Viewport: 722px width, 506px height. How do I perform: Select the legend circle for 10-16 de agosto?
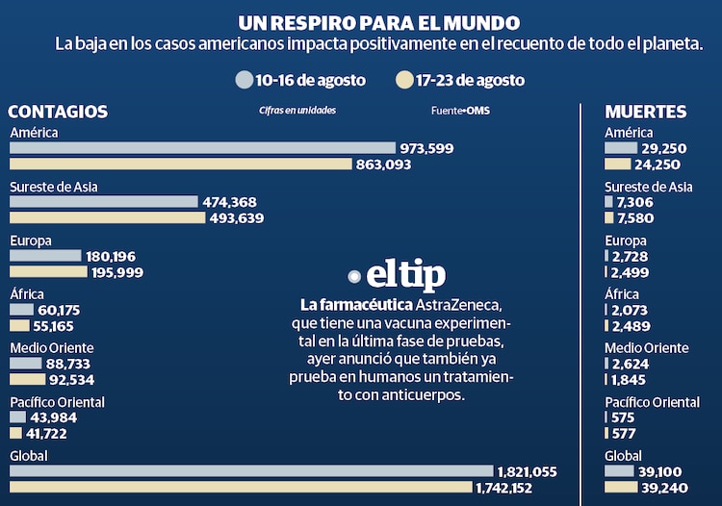[x=244, y=80]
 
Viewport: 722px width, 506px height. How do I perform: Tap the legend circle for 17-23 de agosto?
[x=404, y=80]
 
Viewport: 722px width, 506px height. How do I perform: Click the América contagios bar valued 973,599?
[x=202, y=148]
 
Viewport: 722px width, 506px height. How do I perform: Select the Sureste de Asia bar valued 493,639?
[x=107, y=217]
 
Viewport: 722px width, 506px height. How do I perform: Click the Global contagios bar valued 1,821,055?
[x=251, y=471]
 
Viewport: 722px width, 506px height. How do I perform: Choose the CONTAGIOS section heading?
[x=58, y=112]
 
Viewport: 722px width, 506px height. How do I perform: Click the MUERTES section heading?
[x=646, y=112]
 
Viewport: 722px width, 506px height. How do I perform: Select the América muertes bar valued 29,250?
[x=621, y=148]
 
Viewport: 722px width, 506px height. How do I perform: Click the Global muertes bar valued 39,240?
[x=620, y=488]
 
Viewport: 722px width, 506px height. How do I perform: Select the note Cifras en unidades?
[x=297, y=111]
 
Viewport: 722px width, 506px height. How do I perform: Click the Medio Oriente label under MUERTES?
[x=646, y=348]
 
